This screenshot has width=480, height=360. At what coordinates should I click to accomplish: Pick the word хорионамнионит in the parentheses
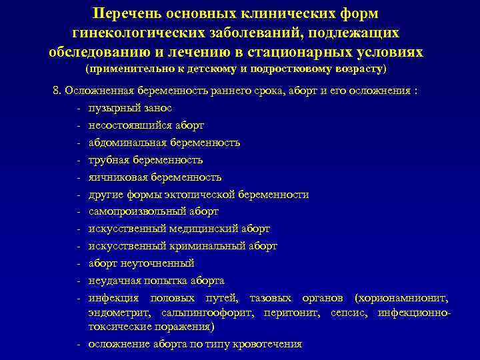pyautogui.click(x=407, y=298)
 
